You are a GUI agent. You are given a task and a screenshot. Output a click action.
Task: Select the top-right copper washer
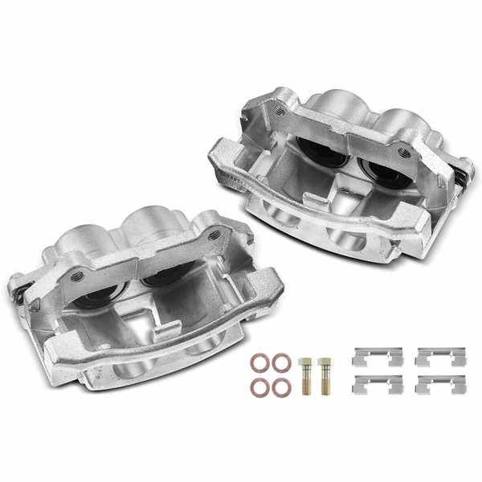pyautogui.click(x=279, y=358)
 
